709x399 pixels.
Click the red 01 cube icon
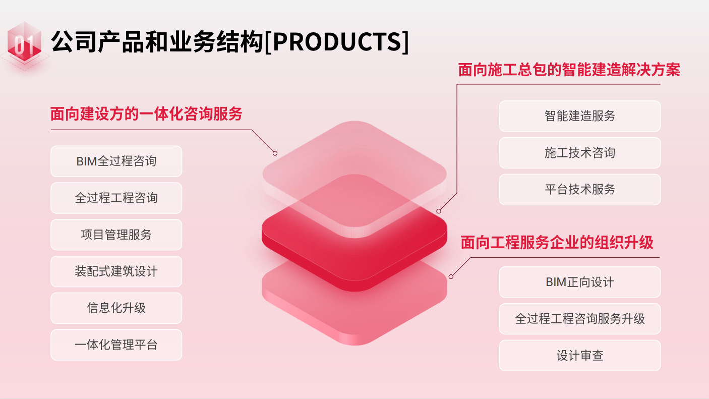24,42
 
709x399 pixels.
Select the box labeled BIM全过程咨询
116,161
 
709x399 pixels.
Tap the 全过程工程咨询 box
116,198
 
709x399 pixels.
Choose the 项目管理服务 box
116,235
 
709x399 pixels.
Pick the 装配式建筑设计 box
116,271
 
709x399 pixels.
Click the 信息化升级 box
116,308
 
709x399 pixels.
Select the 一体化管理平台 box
116,345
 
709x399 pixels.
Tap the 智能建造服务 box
580,116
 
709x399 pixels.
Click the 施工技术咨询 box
580,153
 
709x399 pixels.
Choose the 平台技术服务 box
580,189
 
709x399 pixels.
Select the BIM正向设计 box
580,282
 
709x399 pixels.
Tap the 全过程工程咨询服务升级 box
580,319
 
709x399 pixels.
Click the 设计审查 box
580,356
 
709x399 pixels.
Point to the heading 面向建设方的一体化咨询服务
146,114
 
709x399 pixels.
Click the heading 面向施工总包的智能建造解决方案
569,70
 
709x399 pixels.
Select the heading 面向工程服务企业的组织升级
557,243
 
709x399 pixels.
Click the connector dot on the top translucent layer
275,153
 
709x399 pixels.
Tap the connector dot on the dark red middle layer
439,211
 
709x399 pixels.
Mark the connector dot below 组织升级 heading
451,277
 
